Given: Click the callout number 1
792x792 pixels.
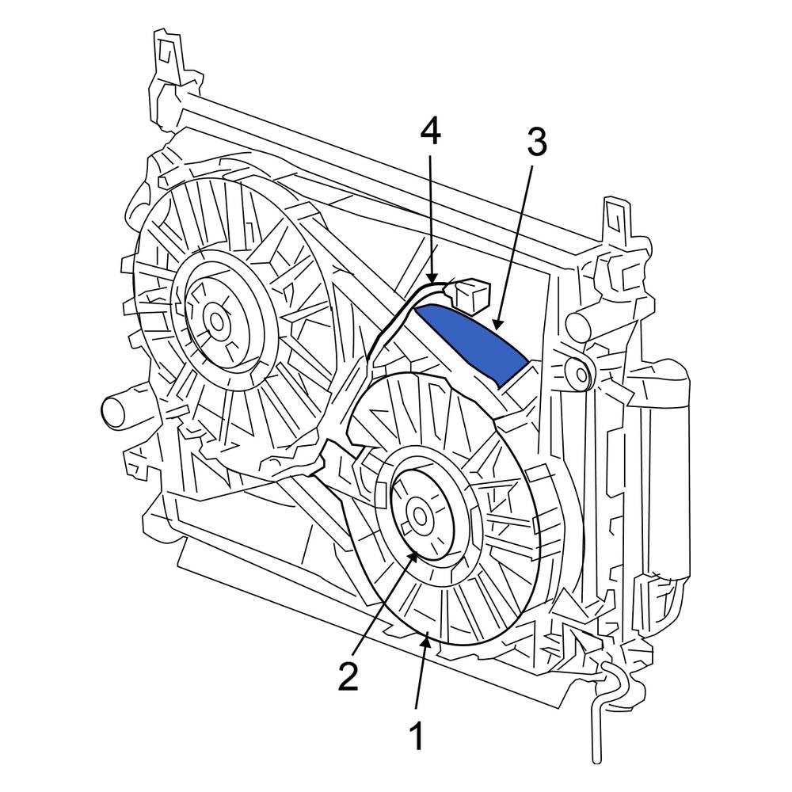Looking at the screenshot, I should pos(416,736).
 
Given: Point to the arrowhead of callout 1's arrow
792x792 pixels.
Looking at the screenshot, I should pos(428,639).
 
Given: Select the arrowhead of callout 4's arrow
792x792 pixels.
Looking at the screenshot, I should pos(432,279).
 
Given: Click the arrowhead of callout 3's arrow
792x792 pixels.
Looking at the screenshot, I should pos(493,326).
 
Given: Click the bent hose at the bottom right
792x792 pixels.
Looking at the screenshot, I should pos(602,705).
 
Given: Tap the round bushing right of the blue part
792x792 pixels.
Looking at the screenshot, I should pos(578,371).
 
